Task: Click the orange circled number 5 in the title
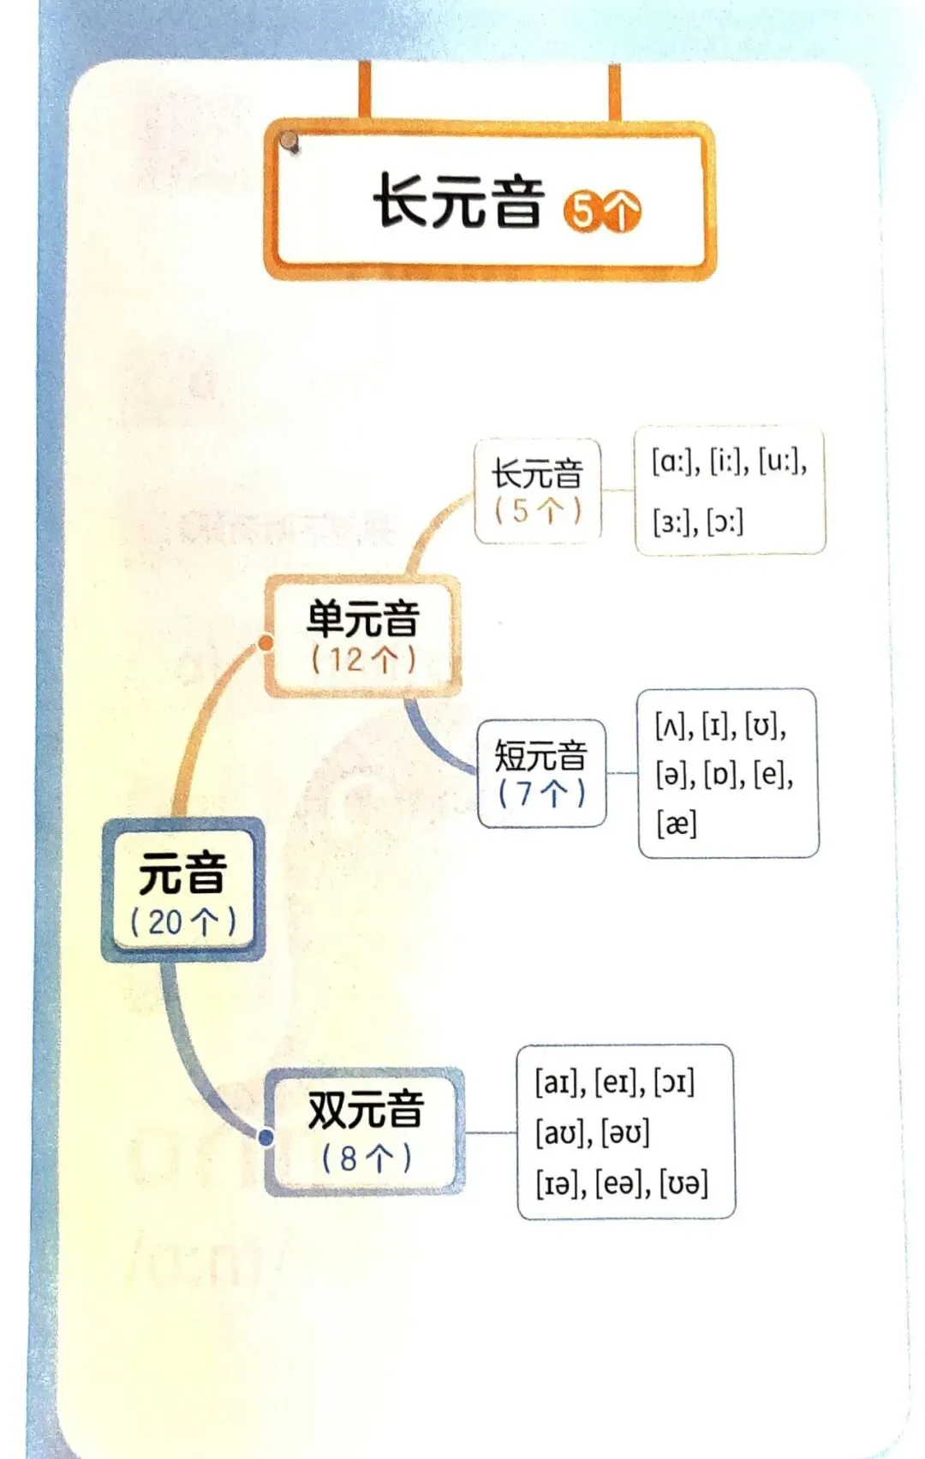[x=582, y=211]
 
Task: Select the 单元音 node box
[x=363, y=636]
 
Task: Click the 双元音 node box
[x=366, y=1131]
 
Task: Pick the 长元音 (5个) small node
[x=538, y=491]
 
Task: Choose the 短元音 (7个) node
[x=541, y=774]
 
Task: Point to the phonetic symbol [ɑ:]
[x=671, y=462]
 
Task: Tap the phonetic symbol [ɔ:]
[x=725, y=521]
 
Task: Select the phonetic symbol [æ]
[x=677, y=825]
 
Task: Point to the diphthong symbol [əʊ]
[x=625, y=1134]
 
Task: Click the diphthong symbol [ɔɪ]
[x=674, y=1083]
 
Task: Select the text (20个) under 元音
[x=183, y=922]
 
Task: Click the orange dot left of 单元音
[x=266, y=642]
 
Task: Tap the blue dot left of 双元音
[x=266, y=1137]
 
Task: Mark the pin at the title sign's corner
[x=290, y=142]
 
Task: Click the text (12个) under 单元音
[x=363, y=660]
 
